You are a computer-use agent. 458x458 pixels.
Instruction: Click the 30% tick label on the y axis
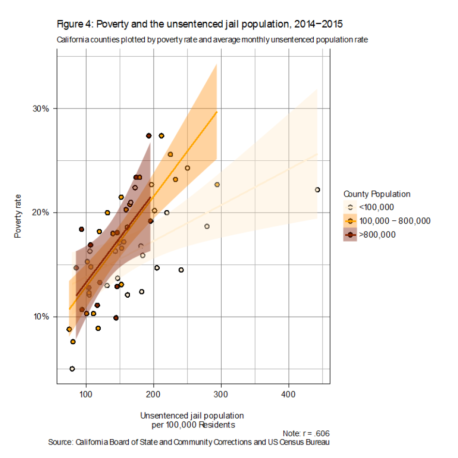pyautogui.click(x=42, y=108)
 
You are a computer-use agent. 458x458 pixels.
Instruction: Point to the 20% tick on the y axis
pyautogui.click(x=42, y=213)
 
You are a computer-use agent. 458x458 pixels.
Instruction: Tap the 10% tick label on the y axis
pyautogui.click(x=42, y=317)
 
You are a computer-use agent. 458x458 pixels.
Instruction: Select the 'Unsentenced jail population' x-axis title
pyautogui.click(x=192, y=415)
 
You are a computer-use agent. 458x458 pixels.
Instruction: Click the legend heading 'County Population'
pyautogui.click(x=377, y=194)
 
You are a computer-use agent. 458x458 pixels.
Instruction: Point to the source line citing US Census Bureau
pyautogui.click(x=189, y=442)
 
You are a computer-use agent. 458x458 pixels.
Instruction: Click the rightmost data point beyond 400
pyautogui.click(x=318, y=190)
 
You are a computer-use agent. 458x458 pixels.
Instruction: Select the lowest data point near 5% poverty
pyautogui.click(x=72, y=369)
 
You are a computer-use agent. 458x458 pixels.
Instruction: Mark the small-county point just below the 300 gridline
pyautogui.click(x=217, y=184)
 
